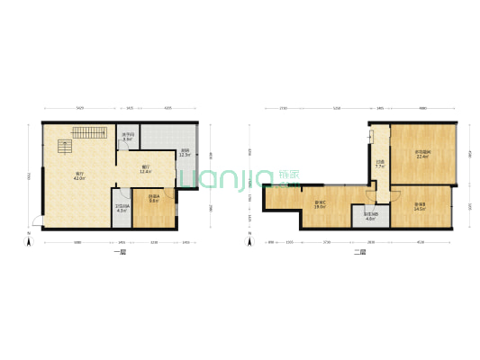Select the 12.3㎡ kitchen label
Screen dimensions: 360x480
pos(185,153)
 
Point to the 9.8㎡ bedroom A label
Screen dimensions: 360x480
pos(154,199)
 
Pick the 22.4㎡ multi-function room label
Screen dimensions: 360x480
pos(422,154)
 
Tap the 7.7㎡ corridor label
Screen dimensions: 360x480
pos(380,165)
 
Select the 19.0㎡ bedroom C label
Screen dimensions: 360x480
pos(320,204)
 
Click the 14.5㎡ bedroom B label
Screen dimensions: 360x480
pos(421,206)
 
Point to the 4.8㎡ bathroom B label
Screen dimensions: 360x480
pos(370,216)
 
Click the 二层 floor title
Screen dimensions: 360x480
pos(361,254)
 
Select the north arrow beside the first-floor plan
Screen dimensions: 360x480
pos(29,239)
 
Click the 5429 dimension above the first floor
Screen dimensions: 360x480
pos(80,108)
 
